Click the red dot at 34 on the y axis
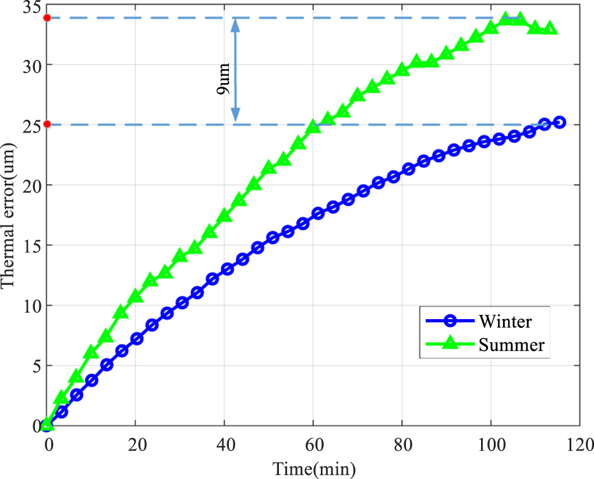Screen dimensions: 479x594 pos(48,17)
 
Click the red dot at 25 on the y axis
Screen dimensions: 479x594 pos(48,124)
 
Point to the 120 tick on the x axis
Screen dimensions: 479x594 pos(580,446)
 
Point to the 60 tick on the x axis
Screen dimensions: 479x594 pos(314,446)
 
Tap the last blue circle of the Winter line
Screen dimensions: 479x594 pos(560,122)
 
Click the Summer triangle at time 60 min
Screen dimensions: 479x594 pos(314,126)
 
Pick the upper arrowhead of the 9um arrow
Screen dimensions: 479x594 pos(235,23)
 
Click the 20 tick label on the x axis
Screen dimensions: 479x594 pos(135,446)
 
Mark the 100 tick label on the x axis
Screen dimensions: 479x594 pos(491,446)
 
